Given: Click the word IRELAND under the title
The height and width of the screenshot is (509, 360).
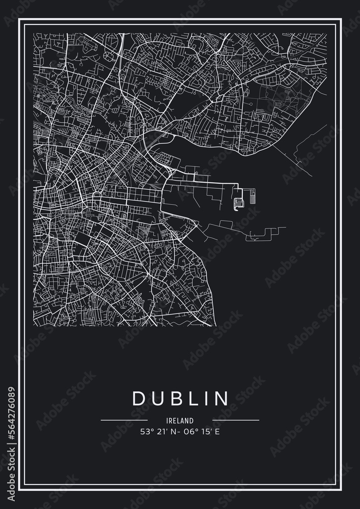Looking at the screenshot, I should [180, 421].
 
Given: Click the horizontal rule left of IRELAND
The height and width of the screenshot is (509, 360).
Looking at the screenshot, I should [124, 421].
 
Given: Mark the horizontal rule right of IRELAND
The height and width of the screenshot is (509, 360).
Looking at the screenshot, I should [235, 421].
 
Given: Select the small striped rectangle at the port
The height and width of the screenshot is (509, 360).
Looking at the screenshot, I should [253, 196].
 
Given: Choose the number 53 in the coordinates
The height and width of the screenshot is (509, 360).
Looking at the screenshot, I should [144, 433].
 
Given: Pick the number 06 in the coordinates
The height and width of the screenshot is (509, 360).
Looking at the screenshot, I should [191, 433].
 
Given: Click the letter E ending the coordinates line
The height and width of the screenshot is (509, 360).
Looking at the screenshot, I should [217, 433].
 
